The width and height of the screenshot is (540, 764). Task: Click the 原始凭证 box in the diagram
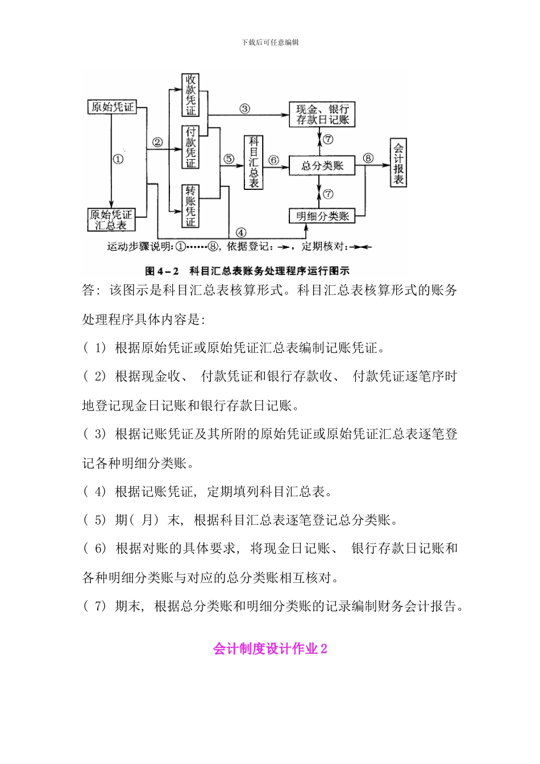point(113,107)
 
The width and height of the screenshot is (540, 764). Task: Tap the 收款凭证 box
point(190,95)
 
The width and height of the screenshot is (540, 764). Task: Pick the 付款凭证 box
point(190,147)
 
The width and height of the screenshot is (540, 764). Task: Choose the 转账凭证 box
point(190,206)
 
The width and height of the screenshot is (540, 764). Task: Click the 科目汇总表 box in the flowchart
point(254,163)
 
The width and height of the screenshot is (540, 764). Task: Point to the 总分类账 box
point(322,165)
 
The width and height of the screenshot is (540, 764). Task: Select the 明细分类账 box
point(322,216)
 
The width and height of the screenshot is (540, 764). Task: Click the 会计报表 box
point(398,163)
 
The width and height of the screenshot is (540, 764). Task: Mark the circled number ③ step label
point(244,109)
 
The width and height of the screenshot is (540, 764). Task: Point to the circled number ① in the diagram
point(118,159)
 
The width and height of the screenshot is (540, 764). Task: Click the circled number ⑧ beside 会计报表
point(368,158)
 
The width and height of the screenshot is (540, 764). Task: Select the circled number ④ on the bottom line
point(241,232)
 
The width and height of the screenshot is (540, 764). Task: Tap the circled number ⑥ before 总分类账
point(274,160)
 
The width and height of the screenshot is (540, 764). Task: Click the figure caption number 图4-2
point(162,271)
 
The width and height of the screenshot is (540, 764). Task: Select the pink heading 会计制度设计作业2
point(270,649)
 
